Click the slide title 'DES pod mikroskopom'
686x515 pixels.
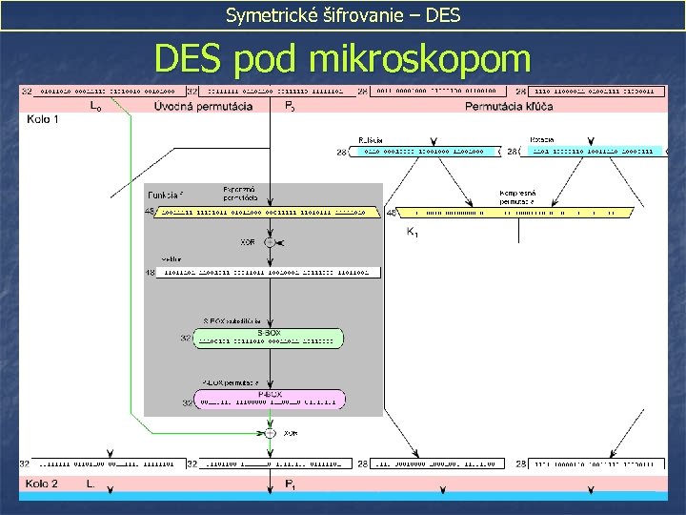coord(342,59)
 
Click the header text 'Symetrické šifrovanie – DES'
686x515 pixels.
coord(342,15)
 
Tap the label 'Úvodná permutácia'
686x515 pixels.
coord(203,106)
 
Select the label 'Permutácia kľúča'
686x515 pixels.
coord(509,106)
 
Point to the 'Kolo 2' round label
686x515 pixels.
coord(42,484)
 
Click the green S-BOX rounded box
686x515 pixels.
coord(270,338)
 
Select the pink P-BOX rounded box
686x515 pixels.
coord(270,399)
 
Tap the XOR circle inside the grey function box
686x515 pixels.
coord(270,243)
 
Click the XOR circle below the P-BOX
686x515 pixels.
coord(270,432)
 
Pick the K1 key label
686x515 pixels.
coord(412,232)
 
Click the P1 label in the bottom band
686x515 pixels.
coord(290,484)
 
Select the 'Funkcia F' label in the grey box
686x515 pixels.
coord(164,194)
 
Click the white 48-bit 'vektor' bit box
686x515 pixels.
coord(270,273)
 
